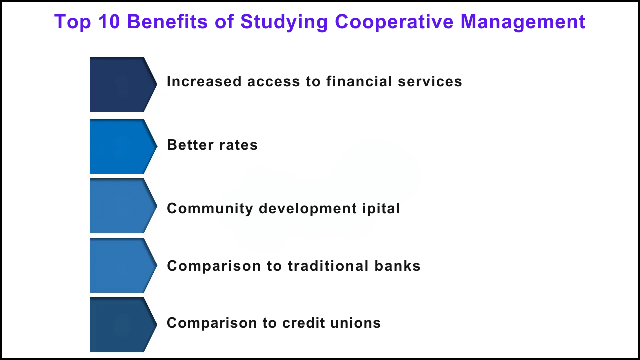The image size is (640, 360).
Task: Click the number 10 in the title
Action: tap(109, 21)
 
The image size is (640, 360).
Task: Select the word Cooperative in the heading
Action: tap(394, 22)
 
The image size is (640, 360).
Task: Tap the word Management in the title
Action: tap(523, 22)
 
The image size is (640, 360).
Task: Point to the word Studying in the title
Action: tap(284, 22)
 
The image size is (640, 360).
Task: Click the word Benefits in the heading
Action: tap(167, 21)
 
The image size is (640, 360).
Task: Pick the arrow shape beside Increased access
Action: tap(123, 84)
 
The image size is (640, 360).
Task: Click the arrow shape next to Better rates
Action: tap(123, 146)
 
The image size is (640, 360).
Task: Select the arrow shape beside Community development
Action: tap(123, 206)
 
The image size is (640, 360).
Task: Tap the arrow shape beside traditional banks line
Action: tap(123, 265)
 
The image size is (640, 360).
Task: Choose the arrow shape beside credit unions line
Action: tap(123, 325)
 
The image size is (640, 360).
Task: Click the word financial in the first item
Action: tap(359, 81)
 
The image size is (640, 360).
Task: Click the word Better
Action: tap(190, 145)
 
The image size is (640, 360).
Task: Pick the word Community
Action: tap(210, 209)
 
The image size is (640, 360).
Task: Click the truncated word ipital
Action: tap(381, 209)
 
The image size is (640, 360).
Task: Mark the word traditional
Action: tap(328, 266)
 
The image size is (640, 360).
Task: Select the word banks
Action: tap(397, 266)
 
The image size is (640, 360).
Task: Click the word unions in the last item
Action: tap(355, 323)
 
